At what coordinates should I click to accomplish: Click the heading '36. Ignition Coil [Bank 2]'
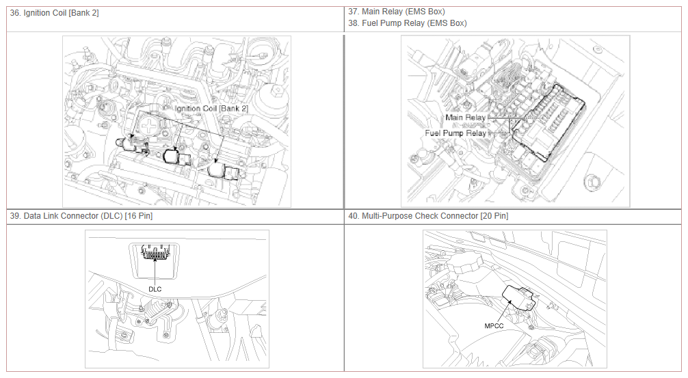point(55,13)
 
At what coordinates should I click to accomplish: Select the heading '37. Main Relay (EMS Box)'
point(397,12)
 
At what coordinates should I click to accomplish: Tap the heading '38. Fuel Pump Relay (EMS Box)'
point(408,23)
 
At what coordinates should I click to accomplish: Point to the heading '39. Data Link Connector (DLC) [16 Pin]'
point(81,216)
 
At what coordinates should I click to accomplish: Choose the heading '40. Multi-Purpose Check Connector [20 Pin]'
point(428,216)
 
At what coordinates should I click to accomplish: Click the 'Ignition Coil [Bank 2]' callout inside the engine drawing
point(211,108)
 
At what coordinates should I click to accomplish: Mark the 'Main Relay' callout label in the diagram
point(466,118)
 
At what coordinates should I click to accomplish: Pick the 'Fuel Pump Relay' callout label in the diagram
point(455,133)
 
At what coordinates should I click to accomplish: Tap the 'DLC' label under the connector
point(155,289)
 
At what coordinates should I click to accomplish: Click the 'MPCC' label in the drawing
point(494,326)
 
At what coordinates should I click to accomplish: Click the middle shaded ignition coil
point(176,157)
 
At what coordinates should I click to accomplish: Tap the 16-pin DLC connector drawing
point(155,253)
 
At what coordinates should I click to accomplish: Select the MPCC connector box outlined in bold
point(519,298)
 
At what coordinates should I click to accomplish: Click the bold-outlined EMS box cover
point(549,123)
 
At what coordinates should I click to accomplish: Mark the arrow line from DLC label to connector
point(155,271)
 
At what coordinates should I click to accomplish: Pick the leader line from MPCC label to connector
point(504,311)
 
